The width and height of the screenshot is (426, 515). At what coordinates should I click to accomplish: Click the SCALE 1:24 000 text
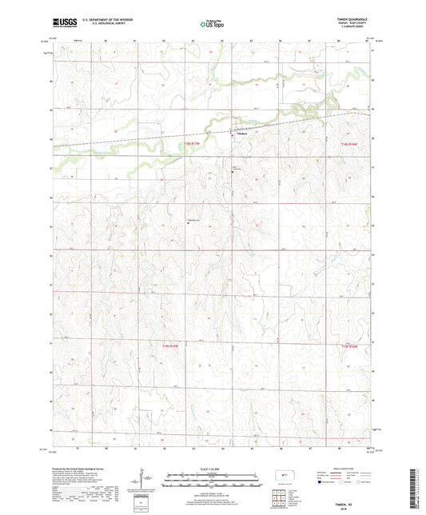click(213, 468)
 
